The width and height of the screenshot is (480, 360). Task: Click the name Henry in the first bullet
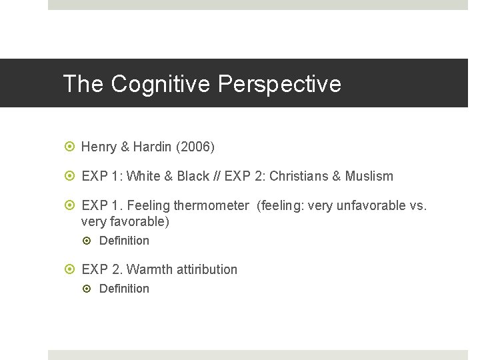(99, 147)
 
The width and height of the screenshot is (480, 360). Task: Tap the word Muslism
(369, 177)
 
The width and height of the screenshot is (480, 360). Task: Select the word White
(143, 177)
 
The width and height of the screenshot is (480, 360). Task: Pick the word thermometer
(211, 206)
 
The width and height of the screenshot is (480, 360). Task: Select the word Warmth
(147, 270)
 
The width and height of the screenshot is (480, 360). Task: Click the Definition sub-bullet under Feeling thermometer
(124, 241)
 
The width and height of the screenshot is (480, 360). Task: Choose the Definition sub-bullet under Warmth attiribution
(124, 289)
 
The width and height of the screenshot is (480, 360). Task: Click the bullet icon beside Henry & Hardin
(71, 147)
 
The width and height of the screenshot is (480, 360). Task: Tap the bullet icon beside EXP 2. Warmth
(71, 270)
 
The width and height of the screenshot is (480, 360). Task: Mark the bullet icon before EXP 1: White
(71, 177)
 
